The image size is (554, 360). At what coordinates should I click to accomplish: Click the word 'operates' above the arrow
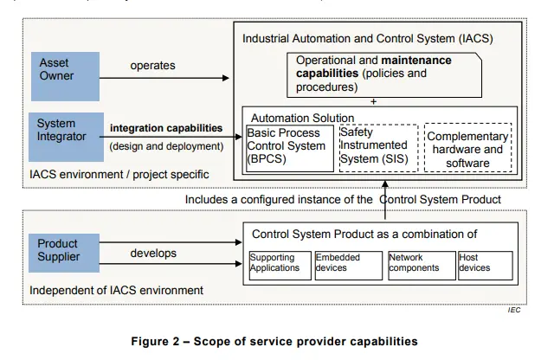pos(153,66)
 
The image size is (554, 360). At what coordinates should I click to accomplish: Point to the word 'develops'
pos(153,253)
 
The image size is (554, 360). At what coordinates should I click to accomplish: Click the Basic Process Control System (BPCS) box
pos(290,147)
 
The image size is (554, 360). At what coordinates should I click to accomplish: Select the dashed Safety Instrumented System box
pos(376,147)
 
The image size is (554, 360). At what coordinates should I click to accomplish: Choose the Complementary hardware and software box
pos(467,149)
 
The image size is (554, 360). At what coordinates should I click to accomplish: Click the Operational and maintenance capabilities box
pos(384,74)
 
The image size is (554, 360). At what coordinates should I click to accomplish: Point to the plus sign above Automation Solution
pos(373,102)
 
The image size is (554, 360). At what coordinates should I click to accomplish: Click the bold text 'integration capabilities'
pos(166,128)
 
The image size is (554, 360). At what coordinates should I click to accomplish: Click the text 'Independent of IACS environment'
pos(117,290)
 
